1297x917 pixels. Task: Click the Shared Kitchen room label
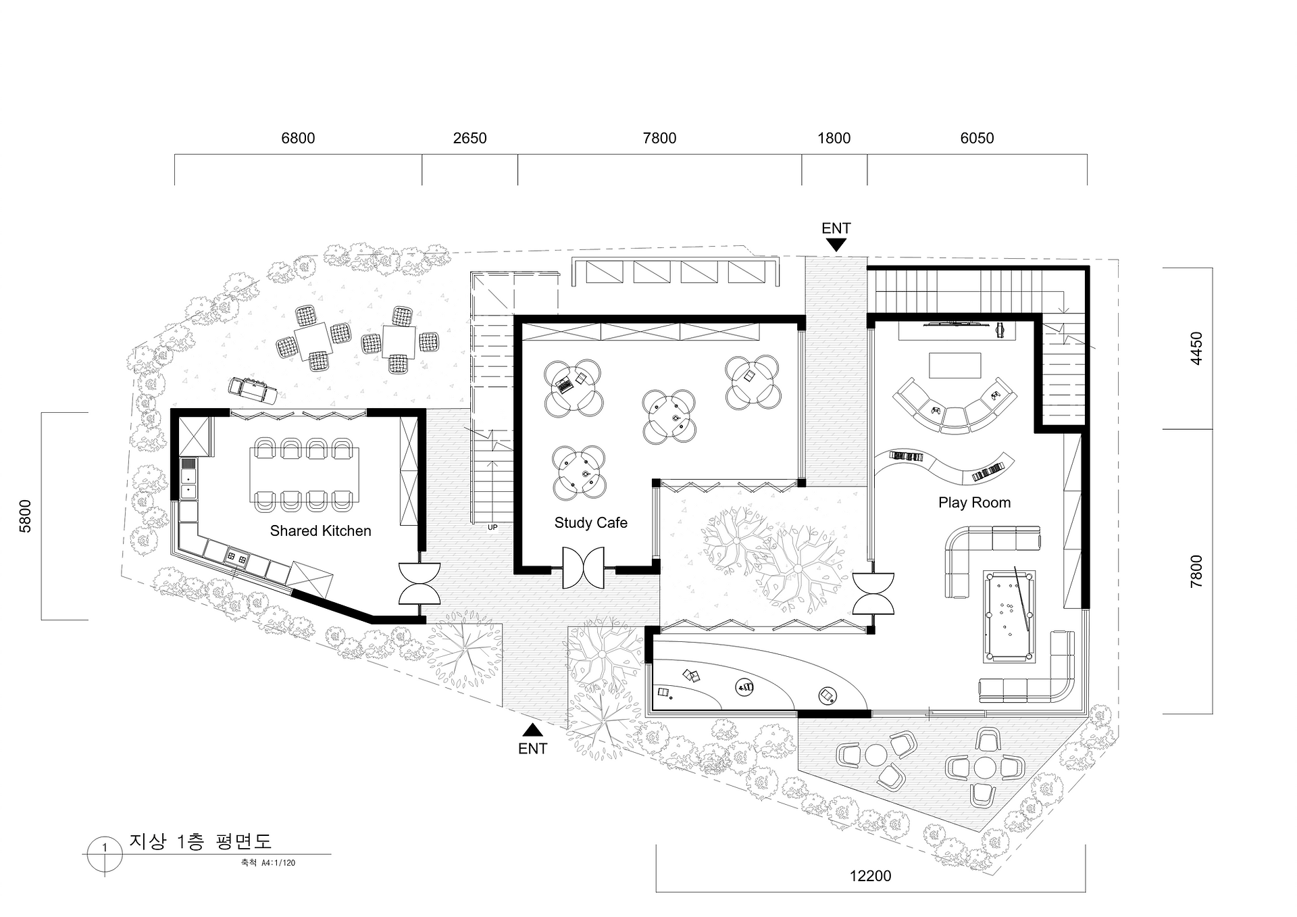point(321,531)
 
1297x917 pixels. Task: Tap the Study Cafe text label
point(591,523)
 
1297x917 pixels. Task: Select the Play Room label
point(974,503)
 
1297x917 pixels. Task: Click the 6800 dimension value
point(298,139)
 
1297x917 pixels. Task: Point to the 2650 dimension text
point(470,139)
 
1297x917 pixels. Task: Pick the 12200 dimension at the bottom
point(871,876)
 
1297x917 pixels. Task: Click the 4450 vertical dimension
point(1196,349)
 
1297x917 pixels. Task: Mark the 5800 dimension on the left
point(25,516)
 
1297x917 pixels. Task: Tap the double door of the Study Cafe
point(584,568)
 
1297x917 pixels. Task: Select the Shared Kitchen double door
point(419,584)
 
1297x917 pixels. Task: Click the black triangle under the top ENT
point(836,246)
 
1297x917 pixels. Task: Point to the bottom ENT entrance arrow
point(533,730)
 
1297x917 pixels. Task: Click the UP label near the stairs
point(492,527)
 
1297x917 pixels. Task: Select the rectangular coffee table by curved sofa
point(955,366)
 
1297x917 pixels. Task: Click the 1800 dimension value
point(834,139)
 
